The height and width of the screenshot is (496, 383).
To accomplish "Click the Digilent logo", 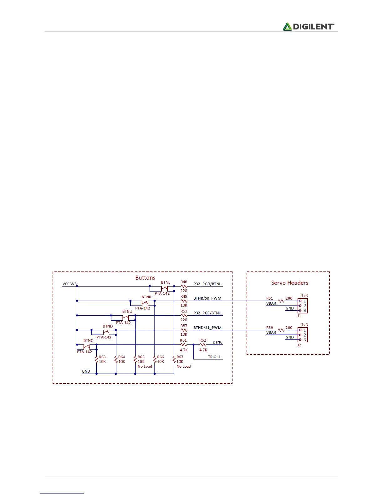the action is coord(309,27).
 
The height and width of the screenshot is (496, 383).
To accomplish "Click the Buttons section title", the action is coord(145,278).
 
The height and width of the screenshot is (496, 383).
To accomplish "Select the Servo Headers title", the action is coord(289,283).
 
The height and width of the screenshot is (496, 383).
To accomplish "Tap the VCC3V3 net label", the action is coord(69,284).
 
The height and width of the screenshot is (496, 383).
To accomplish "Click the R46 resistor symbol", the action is coord(184,286).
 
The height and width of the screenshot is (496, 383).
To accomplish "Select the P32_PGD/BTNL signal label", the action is coord(207,284).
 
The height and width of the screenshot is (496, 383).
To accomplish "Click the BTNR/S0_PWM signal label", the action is coord(207,298).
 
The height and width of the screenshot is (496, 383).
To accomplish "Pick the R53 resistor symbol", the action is coord(184,315).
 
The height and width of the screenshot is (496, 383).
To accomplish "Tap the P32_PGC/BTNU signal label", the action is coord(207,313).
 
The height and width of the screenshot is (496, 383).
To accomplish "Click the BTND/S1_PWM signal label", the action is coord(207,328).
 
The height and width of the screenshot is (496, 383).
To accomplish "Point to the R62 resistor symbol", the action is coord(203,345).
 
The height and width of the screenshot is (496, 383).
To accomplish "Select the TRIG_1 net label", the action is coord(214,357).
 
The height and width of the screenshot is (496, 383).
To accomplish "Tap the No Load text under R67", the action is coord(184,366).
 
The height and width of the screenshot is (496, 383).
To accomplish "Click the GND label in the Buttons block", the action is coord(86,371).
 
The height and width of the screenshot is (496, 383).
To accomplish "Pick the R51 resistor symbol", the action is coord(281,301).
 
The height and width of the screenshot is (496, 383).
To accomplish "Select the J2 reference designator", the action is coord(299,345).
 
